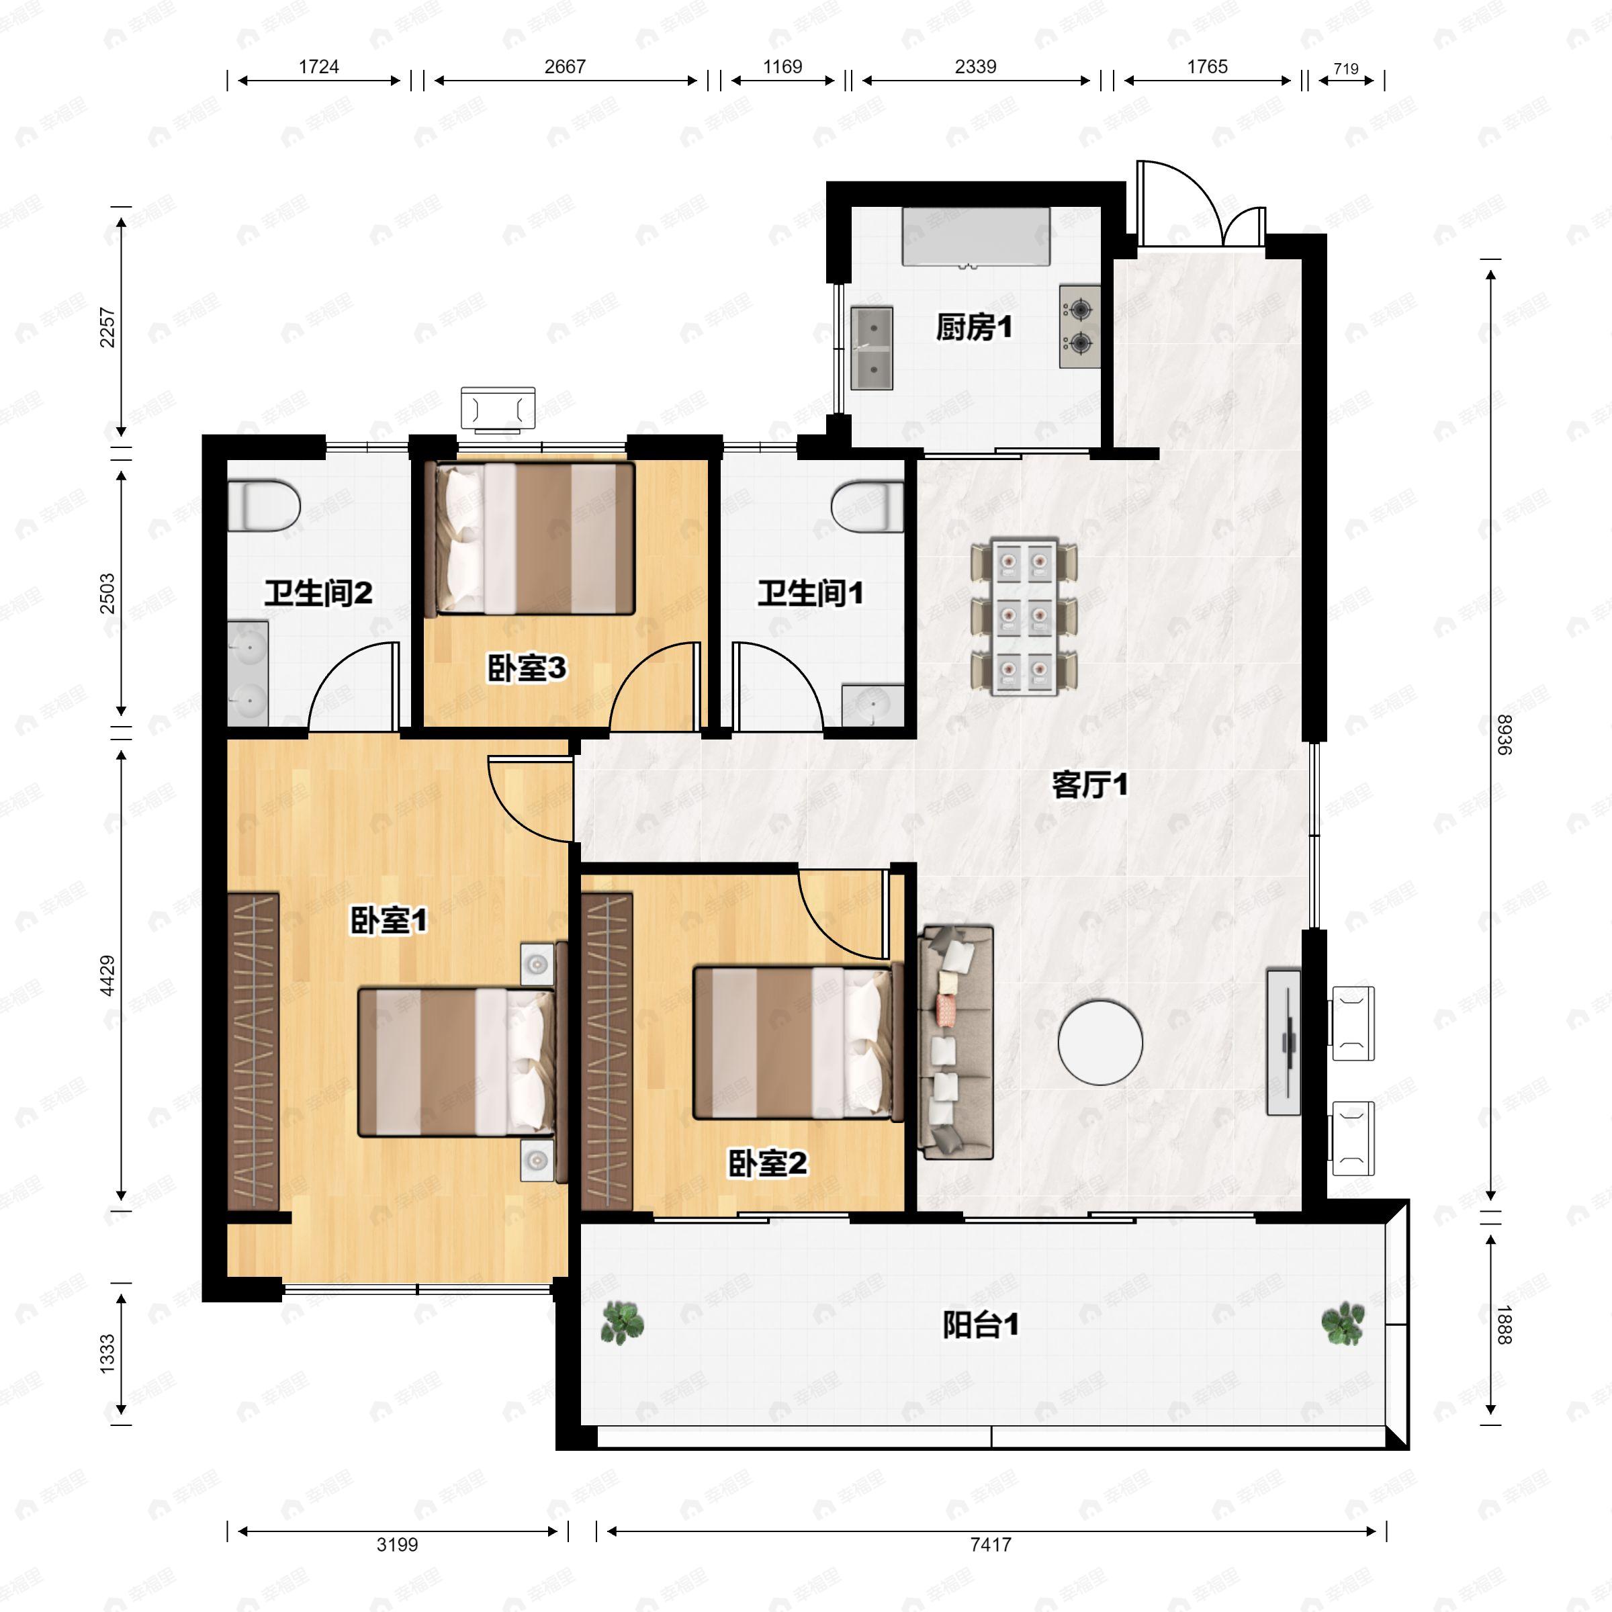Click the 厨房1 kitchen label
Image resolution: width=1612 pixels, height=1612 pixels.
(x=974, y=327)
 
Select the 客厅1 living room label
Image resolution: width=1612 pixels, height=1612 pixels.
(x=1089, y=785)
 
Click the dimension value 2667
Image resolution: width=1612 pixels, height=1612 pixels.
(x=565, y=66)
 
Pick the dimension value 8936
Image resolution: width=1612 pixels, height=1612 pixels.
(x=1503, y=735)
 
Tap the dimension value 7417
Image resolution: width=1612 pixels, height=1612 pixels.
(x=991, y=1544)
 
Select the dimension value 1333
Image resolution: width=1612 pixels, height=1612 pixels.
(x=107, y=1353)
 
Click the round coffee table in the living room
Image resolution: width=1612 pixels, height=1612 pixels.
(x=1100, y=1042)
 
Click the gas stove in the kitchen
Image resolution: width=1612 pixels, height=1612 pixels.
(x=1079, y=326)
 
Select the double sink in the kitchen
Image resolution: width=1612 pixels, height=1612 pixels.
(x=872, y=348)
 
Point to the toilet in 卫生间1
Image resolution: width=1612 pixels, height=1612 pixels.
(x=868, y=506)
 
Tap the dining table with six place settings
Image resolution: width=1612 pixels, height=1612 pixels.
(x=1024, y=618)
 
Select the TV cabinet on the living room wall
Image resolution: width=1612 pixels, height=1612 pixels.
(x=1284, y=1042)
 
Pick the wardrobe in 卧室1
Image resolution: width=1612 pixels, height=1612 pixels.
(x=253, y=1051)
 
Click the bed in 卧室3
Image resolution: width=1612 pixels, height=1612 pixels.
(x=530, y=538)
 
